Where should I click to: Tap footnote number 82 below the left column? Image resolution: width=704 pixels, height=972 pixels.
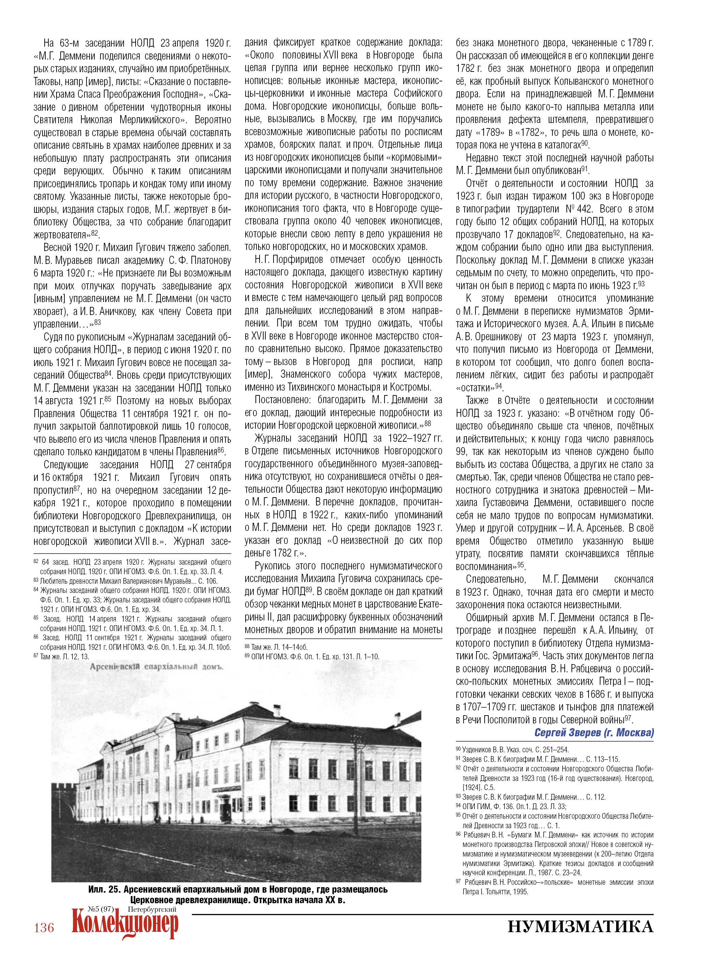(36, 562)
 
